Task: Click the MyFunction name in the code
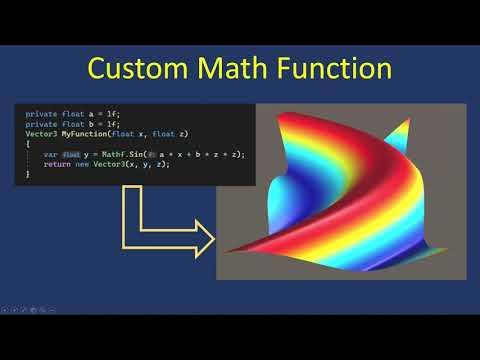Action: point(81,133)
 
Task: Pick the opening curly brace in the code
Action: point(28,144)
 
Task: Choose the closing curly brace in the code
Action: point(28,174)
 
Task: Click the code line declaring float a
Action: point(60,113)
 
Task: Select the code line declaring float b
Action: point(60,123)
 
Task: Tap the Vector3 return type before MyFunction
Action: point(40,133)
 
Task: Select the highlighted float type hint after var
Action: point(71,154)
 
